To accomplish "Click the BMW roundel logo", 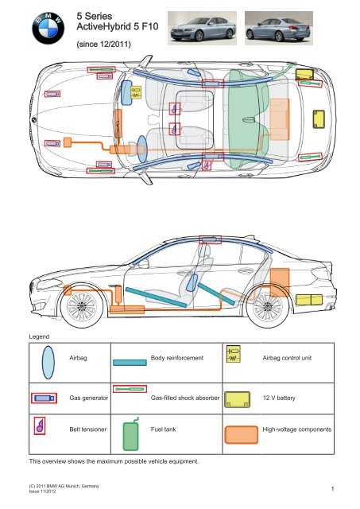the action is [48, 29].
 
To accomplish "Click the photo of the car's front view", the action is [202, 28].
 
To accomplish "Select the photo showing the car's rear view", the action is [279, 28].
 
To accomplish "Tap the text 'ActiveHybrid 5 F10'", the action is [118, 26].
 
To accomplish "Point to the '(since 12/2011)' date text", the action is [104, 45].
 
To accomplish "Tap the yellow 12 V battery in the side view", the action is [309, 300].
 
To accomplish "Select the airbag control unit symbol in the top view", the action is [136, 92].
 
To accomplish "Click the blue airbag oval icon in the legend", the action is [48, 363].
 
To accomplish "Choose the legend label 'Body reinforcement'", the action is [177, 358].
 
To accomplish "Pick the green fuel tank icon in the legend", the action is [130, 434].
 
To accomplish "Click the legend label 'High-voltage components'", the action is [297, 429].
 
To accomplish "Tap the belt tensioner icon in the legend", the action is [40, 426].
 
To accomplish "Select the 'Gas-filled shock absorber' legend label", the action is [185, 398].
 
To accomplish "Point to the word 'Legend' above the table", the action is [39, 336].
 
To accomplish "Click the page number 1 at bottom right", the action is [332, 488].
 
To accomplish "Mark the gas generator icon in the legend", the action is [45, 398].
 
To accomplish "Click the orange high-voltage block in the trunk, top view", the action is [279, 119].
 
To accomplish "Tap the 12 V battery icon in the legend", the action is [238, 399].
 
